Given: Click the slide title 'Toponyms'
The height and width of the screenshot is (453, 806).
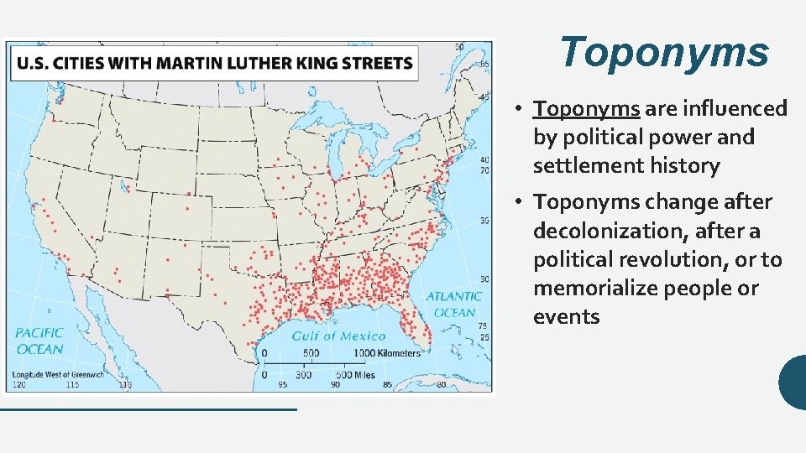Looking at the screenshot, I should coord(663,52).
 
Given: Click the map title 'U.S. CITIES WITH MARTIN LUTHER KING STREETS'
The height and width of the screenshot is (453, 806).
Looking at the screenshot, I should coord(215,64).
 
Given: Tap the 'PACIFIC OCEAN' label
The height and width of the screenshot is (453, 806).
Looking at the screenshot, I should coord(39,341).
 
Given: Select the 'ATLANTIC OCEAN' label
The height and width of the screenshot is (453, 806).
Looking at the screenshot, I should coord(453,304).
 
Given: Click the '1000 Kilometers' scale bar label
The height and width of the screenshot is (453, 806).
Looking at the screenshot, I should coord(386,353).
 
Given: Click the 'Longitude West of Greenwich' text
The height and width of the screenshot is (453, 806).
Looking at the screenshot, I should coord(58,375).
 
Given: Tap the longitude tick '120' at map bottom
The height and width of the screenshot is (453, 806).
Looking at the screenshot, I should coord(19,385).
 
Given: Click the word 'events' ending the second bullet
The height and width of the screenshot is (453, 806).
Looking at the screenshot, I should coord(566,317).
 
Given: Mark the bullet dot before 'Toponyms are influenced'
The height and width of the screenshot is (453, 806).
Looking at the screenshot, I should coord(521,110).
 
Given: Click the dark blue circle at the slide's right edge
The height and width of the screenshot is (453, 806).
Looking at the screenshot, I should coord(793,382).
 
